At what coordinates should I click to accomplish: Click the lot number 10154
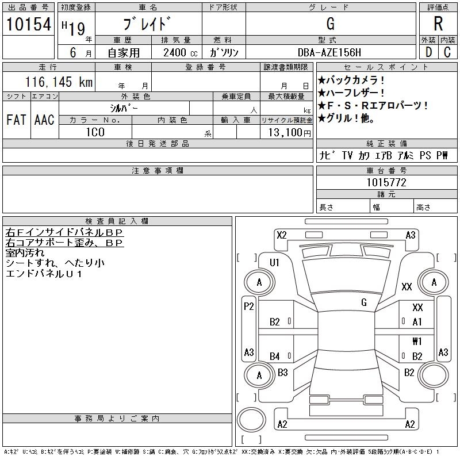pos(28,24)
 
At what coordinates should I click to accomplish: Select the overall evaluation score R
pos(438,24)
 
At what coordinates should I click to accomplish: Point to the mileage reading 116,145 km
pos(59,82)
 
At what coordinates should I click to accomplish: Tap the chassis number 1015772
pos(386,182)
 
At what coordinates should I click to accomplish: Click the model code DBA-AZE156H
pos(329,52)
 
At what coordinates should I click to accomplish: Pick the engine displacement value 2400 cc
pos(180,53)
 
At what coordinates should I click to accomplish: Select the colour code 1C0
pos(95,132)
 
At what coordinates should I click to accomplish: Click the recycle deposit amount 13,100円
pos(289,133)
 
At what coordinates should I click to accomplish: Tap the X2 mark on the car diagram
pos(282,235)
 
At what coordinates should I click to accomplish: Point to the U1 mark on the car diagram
pos(274,262)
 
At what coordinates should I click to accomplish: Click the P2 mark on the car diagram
pos(249,306)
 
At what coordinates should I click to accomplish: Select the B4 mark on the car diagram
pos(275,356)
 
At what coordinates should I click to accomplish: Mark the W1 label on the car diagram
pos(417,341)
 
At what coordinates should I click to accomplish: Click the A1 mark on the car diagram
pos(417,322)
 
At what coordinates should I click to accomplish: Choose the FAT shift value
pos(16,120)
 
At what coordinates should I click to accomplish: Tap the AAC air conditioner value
pos(44,120)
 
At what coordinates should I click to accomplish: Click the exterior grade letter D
pos(428,52)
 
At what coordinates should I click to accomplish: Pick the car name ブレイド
pos(147,24)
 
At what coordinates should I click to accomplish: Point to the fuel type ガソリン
pos(224,53)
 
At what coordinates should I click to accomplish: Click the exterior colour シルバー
pos(124,108)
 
